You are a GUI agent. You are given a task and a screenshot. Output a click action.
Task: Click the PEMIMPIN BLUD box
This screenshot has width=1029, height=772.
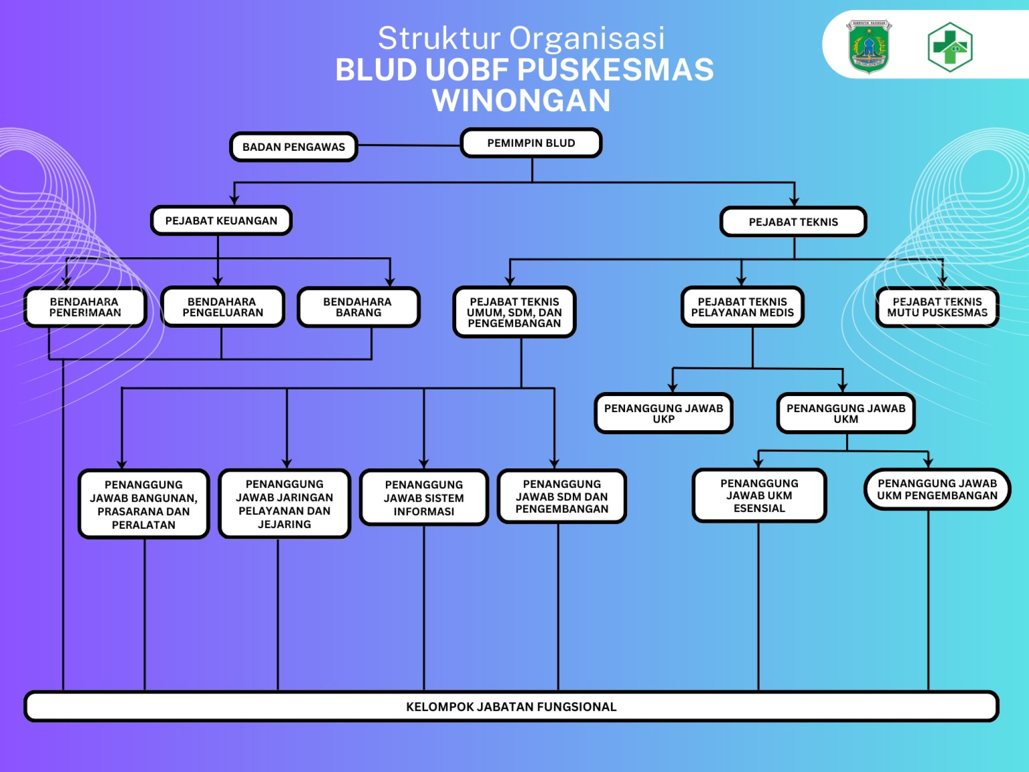[x=531, y=143]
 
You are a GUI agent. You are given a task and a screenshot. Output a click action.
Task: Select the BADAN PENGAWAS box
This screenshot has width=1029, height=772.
[x=293, y=147]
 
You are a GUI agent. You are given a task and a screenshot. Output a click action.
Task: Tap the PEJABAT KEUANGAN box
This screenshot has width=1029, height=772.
[x=221, y=221]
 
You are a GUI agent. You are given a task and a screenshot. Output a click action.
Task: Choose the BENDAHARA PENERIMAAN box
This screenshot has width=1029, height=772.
[x=85, y=307]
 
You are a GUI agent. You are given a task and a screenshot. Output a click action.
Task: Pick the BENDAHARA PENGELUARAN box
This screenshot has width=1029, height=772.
[x=223, y=307]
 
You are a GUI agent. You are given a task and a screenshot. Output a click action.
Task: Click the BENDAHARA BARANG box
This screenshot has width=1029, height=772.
[x=358, y=307]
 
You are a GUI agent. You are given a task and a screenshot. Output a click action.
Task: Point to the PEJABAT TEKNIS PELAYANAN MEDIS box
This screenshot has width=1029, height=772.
[x=742, y=307]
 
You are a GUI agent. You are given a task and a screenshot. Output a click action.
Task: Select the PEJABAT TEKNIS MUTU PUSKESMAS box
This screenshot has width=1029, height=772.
[x=937, y=307]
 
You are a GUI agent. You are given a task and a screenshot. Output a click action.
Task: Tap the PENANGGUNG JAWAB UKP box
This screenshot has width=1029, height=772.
[x=663, y=413]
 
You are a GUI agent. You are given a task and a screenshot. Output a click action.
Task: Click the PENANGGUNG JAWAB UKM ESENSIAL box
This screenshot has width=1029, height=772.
[x=759, y=496]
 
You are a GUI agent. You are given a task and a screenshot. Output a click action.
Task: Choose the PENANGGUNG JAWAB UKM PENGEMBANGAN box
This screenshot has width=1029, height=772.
[x=937, y=490]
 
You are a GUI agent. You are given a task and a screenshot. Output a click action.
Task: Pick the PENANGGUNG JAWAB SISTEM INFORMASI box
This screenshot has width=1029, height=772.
[x=424, y=498]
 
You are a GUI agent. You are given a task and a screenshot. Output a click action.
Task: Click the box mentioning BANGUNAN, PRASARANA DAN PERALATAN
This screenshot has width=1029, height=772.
[x=144, y=504]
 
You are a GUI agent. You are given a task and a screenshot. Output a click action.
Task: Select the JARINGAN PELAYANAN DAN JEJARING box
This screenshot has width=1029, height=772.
[x=284, y=504]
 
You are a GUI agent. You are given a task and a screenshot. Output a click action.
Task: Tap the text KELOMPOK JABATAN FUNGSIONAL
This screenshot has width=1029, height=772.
[x=511, y=707]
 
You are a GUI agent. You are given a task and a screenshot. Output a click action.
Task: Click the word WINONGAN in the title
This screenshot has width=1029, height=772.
[x=521, y=100]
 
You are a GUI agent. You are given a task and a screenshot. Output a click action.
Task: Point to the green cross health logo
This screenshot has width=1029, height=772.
[x=950, y=47]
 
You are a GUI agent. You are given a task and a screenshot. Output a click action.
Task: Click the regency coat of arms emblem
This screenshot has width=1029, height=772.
[x=869, y=46]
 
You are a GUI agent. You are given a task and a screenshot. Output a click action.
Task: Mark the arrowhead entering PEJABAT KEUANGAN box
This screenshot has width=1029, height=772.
[x=234, y=201]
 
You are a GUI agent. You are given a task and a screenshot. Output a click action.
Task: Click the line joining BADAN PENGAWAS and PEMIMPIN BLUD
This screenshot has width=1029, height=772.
[x=409, y=145]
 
